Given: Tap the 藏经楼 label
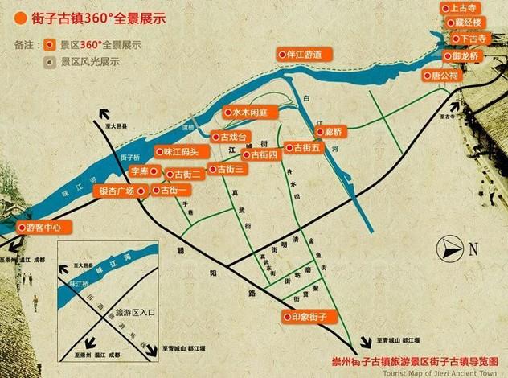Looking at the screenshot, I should point(466,23).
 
